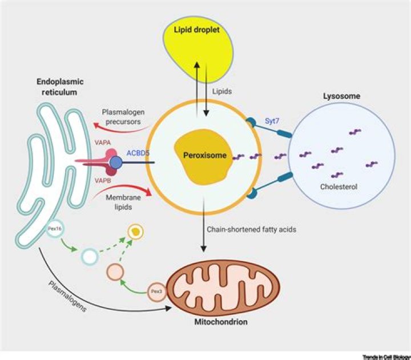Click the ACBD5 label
coord(139,153)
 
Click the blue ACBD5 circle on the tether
coord(117,163)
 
